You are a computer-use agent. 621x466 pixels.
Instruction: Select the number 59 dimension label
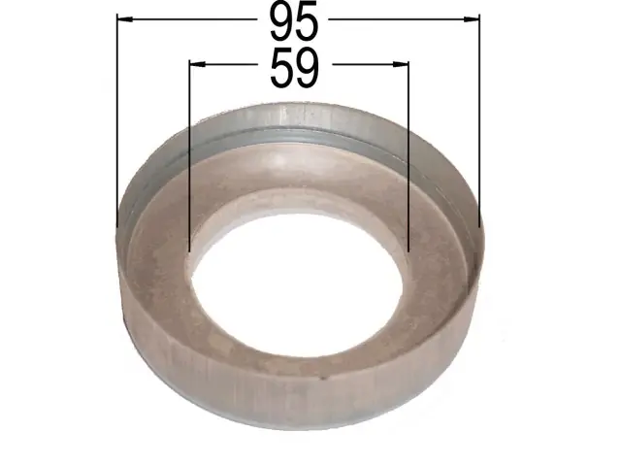pyautogui.click(x=294, y=67)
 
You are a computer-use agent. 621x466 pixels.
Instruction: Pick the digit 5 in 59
pyautogui.click(x=282, y=68)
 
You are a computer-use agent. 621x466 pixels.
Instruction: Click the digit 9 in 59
pyautogui.click(x=307, y=67)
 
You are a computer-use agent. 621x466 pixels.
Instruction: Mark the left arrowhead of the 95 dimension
pyautogui.click(x=125, y=18)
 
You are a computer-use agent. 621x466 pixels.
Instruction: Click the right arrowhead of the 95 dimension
pyautogui.click(x=472, y=19)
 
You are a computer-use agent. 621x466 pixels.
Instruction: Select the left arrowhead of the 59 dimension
pyautogui.click(x=197, y=64)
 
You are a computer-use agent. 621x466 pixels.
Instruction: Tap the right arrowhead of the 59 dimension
pyautogui.click(x=401, y=64)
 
